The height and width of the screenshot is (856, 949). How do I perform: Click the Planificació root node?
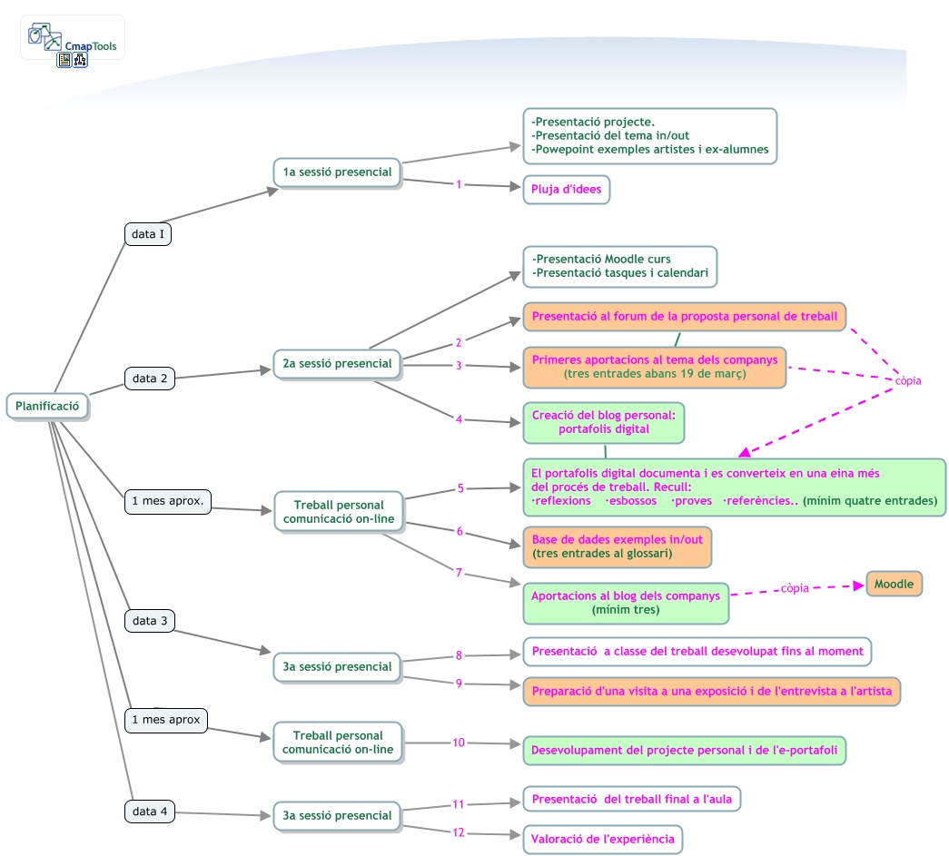(48, 406)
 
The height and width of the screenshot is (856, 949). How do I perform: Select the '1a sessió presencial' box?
(337, 172)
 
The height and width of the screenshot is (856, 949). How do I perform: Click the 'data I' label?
(148, 234)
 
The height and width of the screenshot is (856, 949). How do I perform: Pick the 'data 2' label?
(150, 379)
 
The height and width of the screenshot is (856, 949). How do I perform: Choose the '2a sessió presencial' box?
(337, 363)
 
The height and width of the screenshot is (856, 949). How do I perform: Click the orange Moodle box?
(894, 584)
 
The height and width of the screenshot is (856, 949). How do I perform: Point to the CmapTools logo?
(73, 38)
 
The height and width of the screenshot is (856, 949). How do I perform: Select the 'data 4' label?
(150, 812)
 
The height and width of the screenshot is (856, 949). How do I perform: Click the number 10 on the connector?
(459, 743)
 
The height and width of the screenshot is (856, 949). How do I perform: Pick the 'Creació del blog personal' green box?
(604, 422)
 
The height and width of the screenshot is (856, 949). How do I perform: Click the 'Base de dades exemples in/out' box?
(617, 546)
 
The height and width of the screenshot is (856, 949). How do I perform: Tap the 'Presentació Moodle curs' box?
(619, 266)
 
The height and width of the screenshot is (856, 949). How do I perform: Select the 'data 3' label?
(150, 621)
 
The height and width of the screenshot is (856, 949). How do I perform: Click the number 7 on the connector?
(460, 573)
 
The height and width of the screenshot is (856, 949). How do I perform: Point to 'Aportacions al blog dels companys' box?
(625, 603)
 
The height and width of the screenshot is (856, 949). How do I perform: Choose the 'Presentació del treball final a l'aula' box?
(631, 799)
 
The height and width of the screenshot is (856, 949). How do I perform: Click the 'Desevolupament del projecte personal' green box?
(684, 751)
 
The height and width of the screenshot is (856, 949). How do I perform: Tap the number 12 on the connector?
(459, 832)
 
